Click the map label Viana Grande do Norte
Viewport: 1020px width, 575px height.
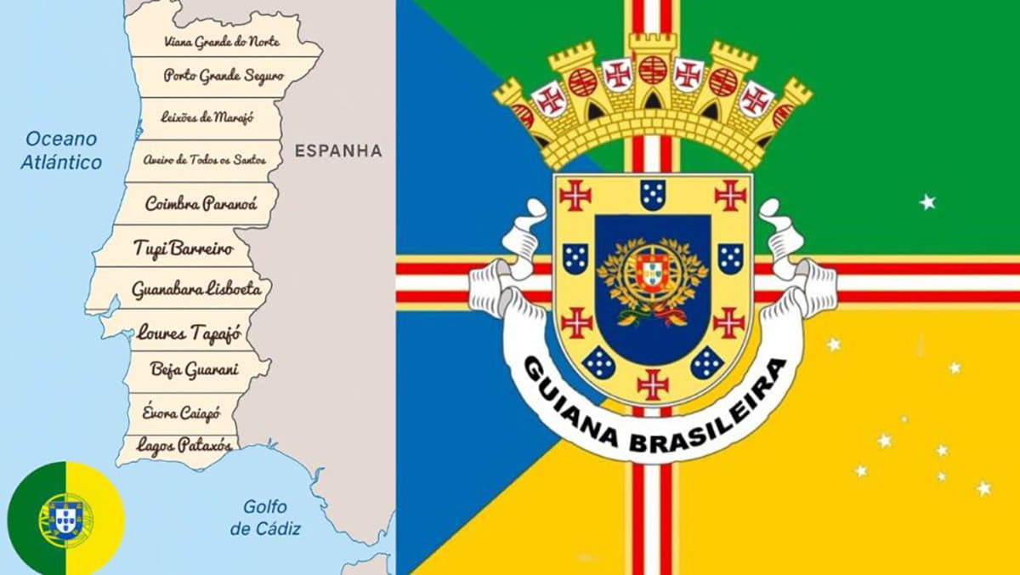click(222, 41)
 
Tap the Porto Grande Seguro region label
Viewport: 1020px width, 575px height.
click(224, 76)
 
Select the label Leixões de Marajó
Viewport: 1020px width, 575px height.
click(208, 117)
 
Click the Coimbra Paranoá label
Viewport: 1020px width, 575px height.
click(201, 203)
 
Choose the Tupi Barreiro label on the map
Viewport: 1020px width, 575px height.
click(178, 248)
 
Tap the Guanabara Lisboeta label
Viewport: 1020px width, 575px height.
click(195, 289)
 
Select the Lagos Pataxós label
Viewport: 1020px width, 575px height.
click(178, 443)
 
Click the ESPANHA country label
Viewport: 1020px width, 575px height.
click(337, 151)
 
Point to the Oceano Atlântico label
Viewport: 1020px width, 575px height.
click(61, 150)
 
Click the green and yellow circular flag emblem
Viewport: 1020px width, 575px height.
click(65, 518)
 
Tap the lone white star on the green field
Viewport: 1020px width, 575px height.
click(927, 202)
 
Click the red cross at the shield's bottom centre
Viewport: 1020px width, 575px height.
click(653, 384)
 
